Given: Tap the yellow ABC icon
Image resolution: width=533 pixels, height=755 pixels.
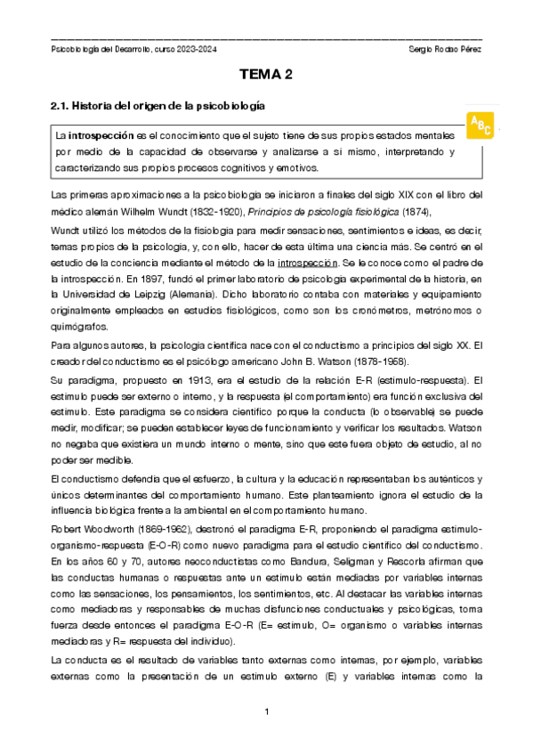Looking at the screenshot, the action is pyautogui.click(x=480, y=126).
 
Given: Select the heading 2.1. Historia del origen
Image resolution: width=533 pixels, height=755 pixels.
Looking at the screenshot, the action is pyautogui.click(x=159, y=106).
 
